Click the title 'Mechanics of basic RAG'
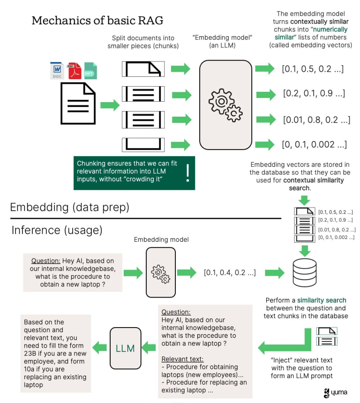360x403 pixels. coord(97,21)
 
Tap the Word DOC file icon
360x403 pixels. coord(57,70)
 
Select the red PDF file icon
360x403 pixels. coord(74,70)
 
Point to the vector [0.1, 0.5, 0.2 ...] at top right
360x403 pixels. coord(313,69)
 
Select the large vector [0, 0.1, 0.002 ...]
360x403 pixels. coord(314,144)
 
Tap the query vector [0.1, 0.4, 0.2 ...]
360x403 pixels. coord(230,272)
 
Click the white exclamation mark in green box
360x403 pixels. coord(187,173)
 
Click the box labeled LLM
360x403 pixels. coord(125,348)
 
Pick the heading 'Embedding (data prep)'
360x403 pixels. coord(69,207)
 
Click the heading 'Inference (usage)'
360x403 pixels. coord(57,230)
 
